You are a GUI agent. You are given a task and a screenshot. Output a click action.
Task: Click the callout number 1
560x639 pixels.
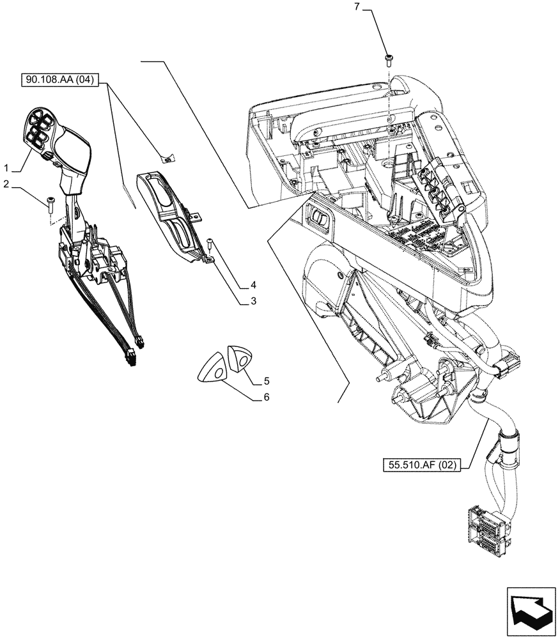[6, 168]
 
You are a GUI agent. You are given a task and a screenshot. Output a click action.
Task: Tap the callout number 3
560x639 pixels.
[253, 300]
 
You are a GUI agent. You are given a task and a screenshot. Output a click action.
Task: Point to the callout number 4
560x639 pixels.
[253, 284]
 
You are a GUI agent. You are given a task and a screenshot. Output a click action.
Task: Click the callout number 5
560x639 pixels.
[265, 382]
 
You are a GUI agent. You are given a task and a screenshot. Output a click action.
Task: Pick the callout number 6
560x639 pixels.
[265, 397]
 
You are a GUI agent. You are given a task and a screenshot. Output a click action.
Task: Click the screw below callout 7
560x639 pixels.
[388, 60]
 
